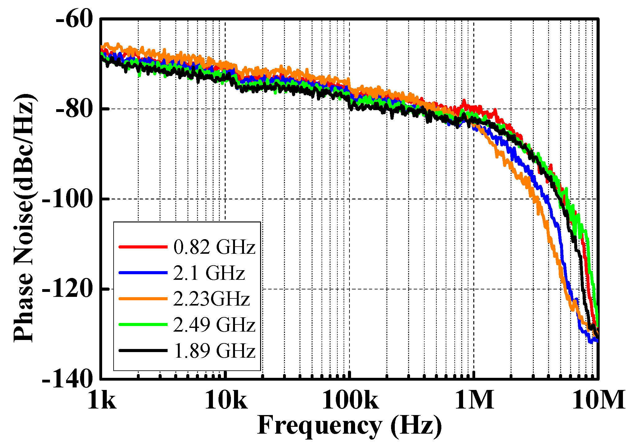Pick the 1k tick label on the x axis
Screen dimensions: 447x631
point(102,400)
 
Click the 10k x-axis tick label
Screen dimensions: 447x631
point(226,400)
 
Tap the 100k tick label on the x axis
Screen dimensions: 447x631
point(350,400)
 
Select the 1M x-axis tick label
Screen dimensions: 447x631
point(474,400)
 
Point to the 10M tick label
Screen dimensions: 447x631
point(598,400)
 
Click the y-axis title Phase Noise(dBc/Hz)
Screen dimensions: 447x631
point(24,217)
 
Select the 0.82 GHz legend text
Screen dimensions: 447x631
point(214,247)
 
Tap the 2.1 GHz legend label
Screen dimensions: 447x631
point(209,273)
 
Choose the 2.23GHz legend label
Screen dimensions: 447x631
point(211,299)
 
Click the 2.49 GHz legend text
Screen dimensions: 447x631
point(214,325)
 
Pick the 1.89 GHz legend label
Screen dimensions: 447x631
point(214,351)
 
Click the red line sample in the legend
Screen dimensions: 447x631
point(143,247)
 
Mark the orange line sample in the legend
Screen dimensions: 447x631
point(143,299)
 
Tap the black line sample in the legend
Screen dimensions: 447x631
point(143,351)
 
